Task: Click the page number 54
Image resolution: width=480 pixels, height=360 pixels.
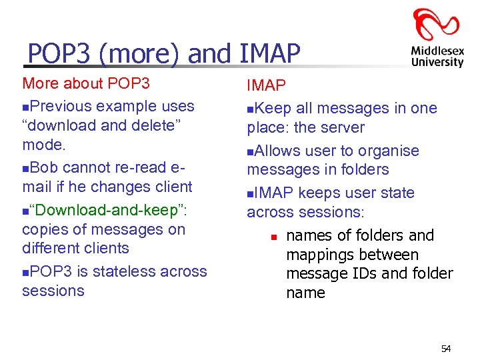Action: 445,348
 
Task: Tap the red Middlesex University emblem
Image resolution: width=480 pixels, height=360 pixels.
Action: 437,24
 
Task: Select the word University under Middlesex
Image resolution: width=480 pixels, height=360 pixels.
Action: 437,62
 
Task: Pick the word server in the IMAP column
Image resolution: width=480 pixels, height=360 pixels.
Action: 341,127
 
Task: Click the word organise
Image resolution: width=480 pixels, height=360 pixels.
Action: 387,151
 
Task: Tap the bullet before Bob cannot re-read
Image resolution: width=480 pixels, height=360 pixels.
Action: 25,168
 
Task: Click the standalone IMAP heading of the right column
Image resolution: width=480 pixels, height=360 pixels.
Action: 267,85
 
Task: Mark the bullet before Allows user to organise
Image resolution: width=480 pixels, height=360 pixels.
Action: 251,151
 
